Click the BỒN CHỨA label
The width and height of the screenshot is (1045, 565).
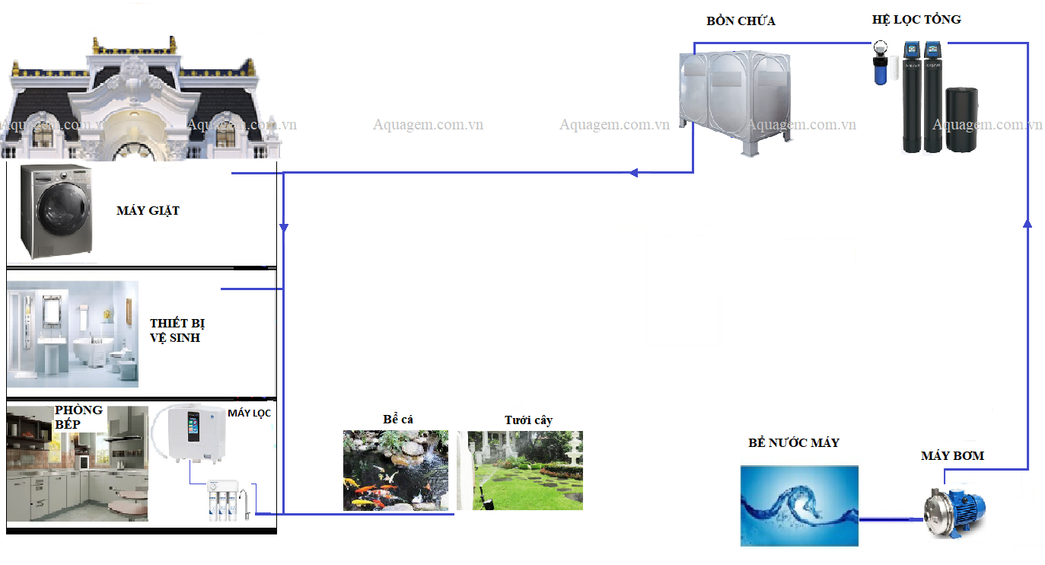[x=741, y=21]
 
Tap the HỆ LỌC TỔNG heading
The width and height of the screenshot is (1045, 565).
[x=916, y=20]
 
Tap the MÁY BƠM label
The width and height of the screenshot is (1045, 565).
[x=952, y=456]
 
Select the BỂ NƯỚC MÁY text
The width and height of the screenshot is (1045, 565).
[x=794, y=443]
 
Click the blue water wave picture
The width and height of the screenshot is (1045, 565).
[x=799, y=506]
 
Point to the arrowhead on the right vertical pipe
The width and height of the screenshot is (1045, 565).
[x=1027, y=222]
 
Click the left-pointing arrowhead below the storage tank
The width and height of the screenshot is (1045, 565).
[x=633, y=173]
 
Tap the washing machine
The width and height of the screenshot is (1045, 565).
[x=56, y=211]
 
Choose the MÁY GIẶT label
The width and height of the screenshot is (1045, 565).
[x=148, y=211]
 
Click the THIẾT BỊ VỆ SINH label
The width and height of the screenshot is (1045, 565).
[x=177, y=331]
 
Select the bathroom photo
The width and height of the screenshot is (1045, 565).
[x=73, y=334]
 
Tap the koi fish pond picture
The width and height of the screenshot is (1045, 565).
[x=395, y=470]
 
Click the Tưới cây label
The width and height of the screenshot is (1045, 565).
[x=528, y=420]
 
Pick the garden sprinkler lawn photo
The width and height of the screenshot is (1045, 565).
[x=524, y=470]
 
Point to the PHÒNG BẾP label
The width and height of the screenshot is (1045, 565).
[x=78, y=417]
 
